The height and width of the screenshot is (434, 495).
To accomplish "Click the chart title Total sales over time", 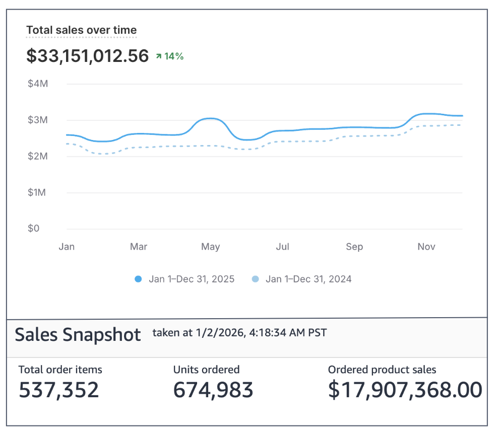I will click(x=81, y=30).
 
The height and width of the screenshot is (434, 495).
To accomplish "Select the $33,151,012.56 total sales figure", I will click(x=87, y=56).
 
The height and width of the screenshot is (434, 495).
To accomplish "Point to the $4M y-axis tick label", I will click(x=38, y=84).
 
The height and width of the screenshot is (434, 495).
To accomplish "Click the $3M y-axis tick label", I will click(x=38, y=120).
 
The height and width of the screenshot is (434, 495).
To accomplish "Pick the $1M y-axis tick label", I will click(x=38, y=192).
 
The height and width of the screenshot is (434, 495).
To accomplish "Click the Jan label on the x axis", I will click(x=67, y=247).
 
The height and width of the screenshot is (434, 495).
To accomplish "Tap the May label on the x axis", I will click(x=210, y=247).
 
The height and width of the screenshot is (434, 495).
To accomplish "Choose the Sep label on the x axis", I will click(x=354, y=247).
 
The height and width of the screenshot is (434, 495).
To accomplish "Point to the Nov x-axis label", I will click(x=426, y=247).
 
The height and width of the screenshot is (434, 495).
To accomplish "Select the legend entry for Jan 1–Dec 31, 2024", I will click(x=302, y=279).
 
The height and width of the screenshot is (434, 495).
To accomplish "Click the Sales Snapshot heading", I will click(x=78, y=334).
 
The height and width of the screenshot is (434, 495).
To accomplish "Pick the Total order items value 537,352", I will click(x=59, y=390).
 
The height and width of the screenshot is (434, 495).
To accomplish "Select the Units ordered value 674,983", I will click(x=213, y=390).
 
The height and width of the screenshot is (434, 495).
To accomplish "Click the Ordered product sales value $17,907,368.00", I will click(x=405, y=390).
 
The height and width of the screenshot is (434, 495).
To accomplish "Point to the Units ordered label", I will click(x=206, y=370).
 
